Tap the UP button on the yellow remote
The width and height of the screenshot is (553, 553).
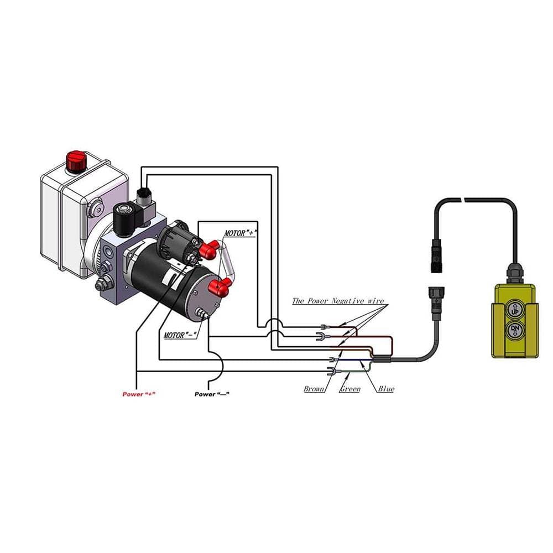514,307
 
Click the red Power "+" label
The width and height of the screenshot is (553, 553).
139,394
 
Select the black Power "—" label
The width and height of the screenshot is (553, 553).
212,394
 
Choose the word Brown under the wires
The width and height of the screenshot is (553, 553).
314,389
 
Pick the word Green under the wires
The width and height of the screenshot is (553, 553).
349,389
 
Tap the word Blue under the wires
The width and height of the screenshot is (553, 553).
386,389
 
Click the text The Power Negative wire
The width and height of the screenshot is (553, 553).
337,301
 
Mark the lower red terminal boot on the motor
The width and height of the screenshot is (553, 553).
221,286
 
